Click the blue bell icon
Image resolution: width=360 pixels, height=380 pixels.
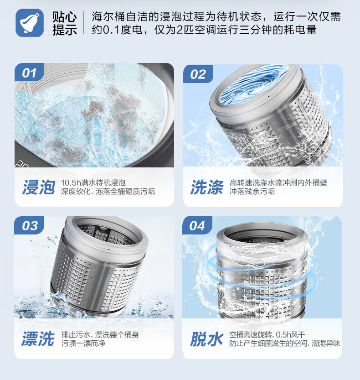point(30,23)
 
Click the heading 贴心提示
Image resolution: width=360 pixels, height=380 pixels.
point(65,24)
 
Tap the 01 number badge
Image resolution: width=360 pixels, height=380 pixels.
point(29,73)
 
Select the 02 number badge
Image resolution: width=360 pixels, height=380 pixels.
point(198,74)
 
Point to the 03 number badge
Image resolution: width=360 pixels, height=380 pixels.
point(29,225)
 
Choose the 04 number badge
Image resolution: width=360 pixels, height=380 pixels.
point(197,225)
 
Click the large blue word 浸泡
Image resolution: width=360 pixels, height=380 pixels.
point(39,187)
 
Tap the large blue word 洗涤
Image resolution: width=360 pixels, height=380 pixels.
point(206,187)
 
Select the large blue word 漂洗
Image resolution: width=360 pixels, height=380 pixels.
point(38,338)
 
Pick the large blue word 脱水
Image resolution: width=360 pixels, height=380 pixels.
point(206,339)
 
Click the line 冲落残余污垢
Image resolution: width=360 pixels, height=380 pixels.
point(252,192)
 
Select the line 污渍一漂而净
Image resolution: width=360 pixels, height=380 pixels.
point(83,344)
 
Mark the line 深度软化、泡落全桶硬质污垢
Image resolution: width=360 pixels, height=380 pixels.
point(108,192)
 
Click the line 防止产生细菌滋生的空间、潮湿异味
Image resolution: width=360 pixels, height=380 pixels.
point(285,344)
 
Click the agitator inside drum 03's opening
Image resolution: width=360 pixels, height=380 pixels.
point(101,234)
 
